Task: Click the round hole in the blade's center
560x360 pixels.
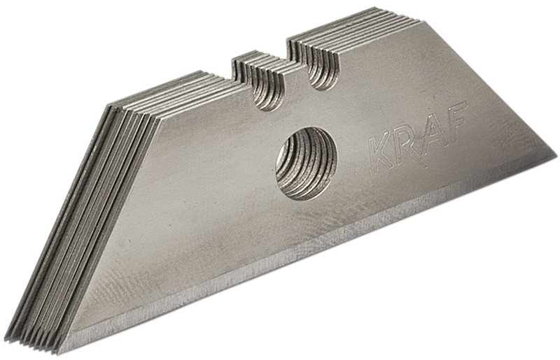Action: pyautogui.click(x=307, y=163)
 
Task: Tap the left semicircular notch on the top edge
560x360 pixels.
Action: pyautogui.click(x=265, y=95)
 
